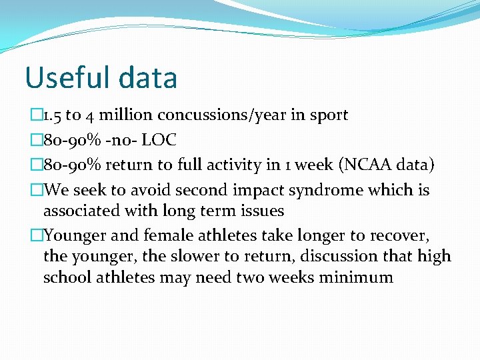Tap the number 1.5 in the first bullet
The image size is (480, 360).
click(x=52, y=115)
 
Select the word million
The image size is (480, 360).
click(x=119, y=115)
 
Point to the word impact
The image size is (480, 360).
click(x=261, y=191)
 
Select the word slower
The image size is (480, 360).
click(x=206, y=257)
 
